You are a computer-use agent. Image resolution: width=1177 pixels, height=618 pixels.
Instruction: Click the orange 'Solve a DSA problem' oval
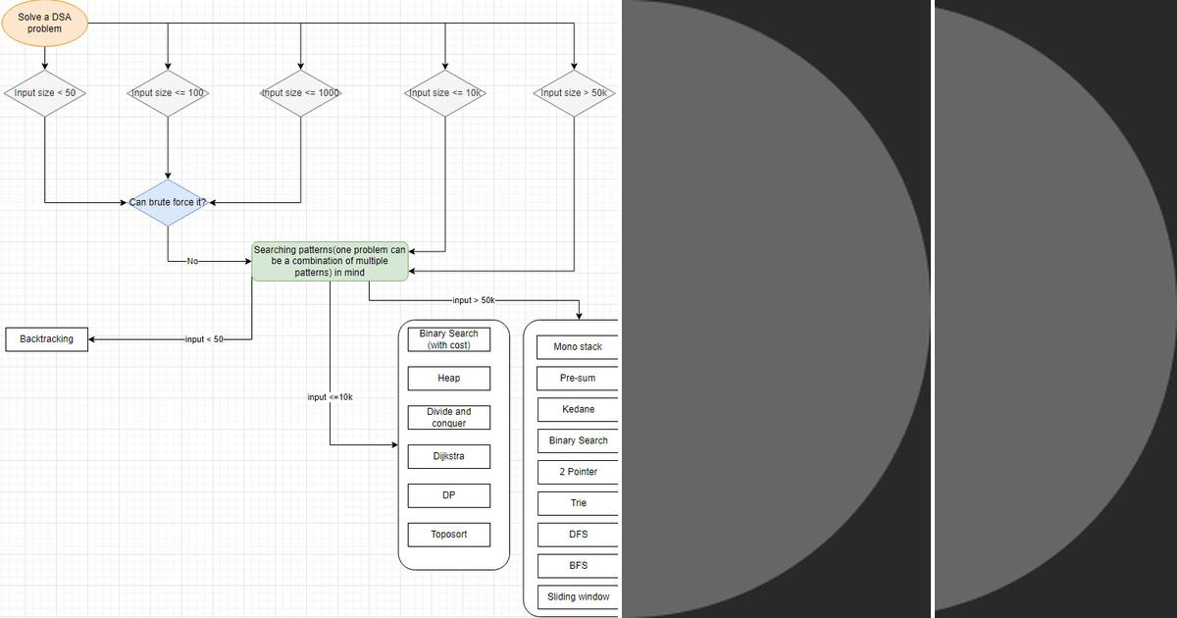pos(44,23)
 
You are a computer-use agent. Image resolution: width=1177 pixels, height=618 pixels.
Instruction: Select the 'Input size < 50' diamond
pos(45,93)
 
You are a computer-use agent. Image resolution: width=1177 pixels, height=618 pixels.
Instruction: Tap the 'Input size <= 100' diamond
pos(168,93)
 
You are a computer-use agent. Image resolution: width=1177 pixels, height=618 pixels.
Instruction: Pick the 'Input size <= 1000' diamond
pos(300,93)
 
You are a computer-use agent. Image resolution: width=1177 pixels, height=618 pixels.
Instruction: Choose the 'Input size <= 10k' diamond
pos(445,93)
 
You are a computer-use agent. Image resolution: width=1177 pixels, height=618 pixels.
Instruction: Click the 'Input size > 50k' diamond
pos(575,93)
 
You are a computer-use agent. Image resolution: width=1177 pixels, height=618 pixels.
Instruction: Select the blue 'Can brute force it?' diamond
pos(168,202)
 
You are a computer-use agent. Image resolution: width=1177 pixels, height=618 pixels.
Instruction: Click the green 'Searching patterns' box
pos(330,262)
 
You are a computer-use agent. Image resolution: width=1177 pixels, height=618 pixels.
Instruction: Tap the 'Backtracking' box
pos(46,339)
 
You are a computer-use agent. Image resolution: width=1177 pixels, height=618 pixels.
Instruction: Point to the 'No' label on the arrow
pos(192,262)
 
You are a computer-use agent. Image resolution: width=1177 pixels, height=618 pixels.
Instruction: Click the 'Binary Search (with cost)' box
pos(448,339)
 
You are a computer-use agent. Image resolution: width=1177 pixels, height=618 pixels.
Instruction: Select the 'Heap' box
pos(448,378)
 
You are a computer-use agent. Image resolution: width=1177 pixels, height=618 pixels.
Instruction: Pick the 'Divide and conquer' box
pos(448,417)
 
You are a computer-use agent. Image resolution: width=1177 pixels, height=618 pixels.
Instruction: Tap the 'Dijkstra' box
pos(448,456)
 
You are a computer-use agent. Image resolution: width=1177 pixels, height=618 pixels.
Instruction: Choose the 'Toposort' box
pos(448,535)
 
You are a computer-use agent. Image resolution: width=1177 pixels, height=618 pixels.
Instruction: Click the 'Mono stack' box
pos(578,347)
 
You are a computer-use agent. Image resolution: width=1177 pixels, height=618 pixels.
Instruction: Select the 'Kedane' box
pos(578,409)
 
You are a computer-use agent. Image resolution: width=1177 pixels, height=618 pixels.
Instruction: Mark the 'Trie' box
pos(578,503)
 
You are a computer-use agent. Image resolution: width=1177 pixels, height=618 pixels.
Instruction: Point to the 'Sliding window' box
pos(578,596)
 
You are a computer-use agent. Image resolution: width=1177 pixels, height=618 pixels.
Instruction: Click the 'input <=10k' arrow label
pos(330,397)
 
